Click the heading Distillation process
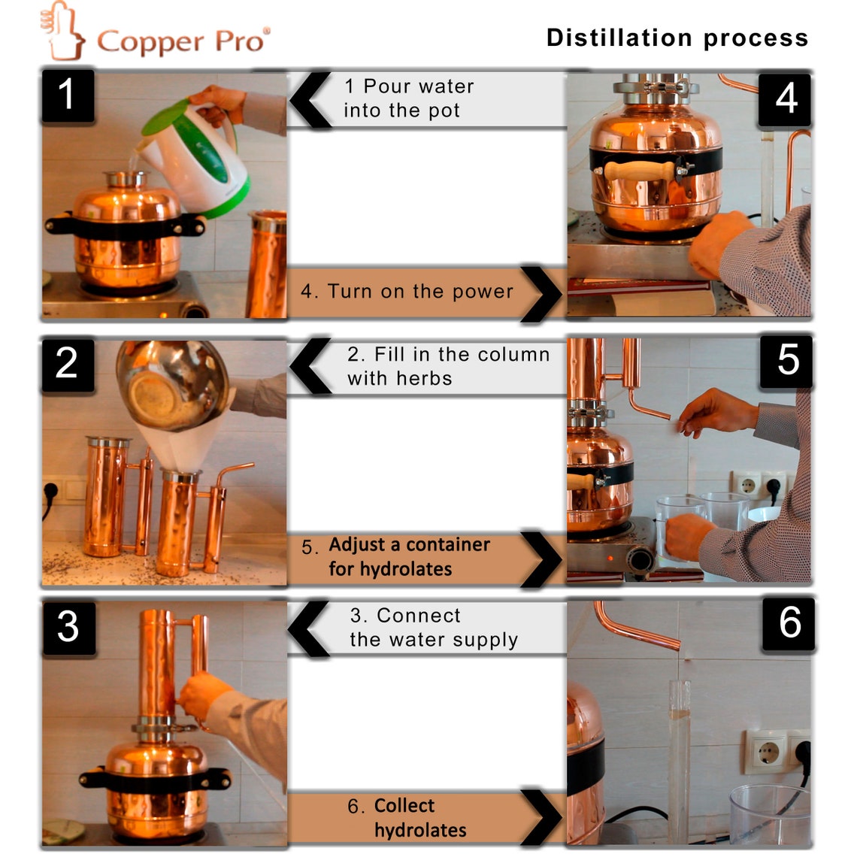[677, 38]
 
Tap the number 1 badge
[67, 95]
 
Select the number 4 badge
[785, 98]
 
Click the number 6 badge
[789, 623]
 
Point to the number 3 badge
[68, 626]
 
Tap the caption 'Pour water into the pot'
[409, 98]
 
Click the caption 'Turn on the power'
[407, 292]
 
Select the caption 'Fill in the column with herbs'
[448, 366]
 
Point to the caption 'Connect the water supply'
[434, 628]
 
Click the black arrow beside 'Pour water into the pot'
[310, 99]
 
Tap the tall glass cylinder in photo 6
[679, 759]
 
